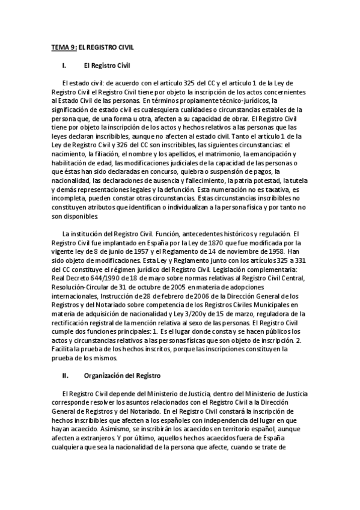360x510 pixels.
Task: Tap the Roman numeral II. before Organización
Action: pos(66,376)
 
